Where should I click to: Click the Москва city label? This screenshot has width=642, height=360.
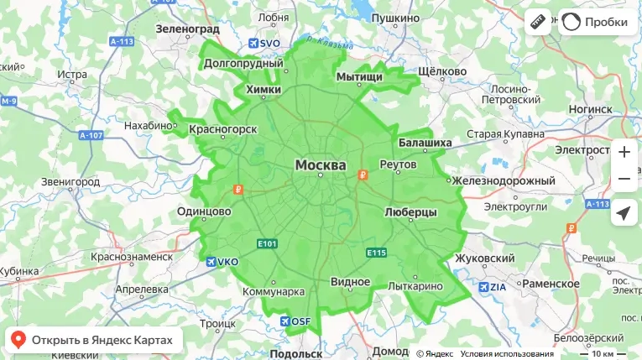click(320, 165)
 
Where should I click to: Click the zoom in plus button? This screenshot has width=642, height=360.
click(624, 152)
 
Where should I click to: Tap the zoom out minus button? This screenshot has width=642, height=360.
click(624, 179)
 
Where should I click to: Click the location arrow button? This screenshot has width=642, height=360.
click(624, 213)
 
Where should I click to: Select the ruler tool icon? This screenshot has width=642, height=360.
click(538, 23)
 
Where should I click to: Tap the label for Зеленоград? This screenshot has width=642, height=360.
click(187, 29)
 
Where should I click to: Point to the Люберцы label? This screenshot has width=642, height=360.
click(410, 212)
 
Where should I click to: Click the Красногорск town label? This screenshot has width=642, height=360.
click(222, 129)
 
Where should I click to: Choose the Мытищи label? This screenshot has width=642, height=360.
click(359, 77)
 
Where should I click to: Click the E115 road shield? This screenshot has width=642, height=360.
click(375, 252)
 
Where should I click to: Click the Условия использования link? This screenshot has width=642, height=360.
click(506, 353)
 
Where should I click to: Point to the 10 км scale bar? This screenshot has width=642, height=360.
click(603, 353)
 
